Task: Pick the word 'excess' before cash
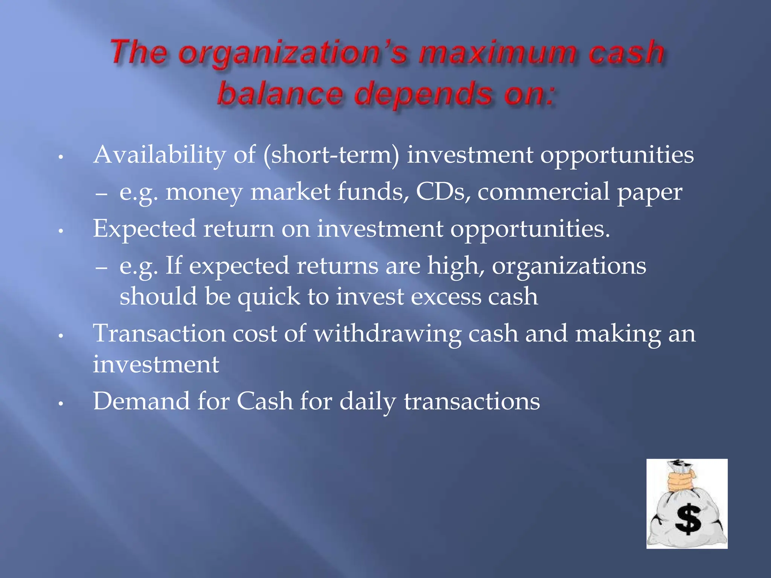(446, 297)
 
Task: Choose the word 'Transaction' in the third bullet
(159, 333)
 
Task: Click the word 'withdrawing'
(387, 334)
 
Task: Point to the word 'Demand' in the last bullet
(142, 401)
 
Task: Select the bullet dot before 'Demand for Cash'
(61, 404)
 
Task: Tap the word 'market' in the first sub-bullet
(290, 192)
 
